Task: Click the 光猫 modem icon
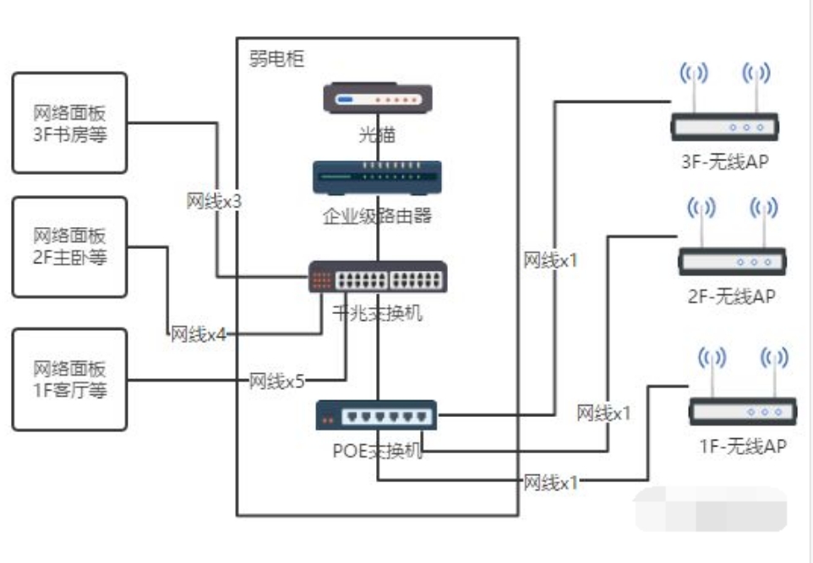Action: pyautogui.click(x=378, y=98)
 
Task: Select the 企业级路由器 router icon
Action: pyautogui.click(x=378, y=177)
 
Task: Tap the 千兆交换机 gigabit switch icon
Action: pyautogui.click(x=378, y=277)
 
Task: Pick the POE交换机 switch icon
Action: pyautogui.click(x=376, y=415)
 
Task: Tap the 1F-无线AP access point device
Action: pyautogui.click(x=743, y=386)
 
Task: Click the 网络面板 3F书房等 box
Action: pyautogui.click(x=69, y=123)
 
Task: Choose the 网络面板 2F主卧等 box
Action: pyautogui.click(x=69, y=247)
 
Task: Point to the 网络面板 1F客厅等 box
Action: pyautogui.click(x=69, y=380)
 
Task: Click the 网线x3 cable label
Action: pyautogui.click(x=214, y=201)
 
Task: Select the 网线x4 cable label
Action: pyautogui.click(x=199, y=334)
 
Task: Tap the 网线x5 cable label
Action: pyautogui.click(x=277, y=382)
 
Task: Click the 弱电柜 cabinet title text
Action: pyautogui.click(x=276, y=58)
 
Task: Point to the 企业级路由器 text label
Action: pyautogui.click(x=378, y=215)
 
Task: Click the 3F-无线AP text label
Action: pyautogui.click(x=725, y=161)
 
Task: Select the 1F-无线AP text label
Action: pyautogui.click(x=743, y=446)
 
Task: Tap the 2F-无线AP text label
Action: pyautogui.click(x=732, y=296)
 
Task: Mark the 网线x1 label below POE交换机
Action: pyautogui.click(x=551, y=483)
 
